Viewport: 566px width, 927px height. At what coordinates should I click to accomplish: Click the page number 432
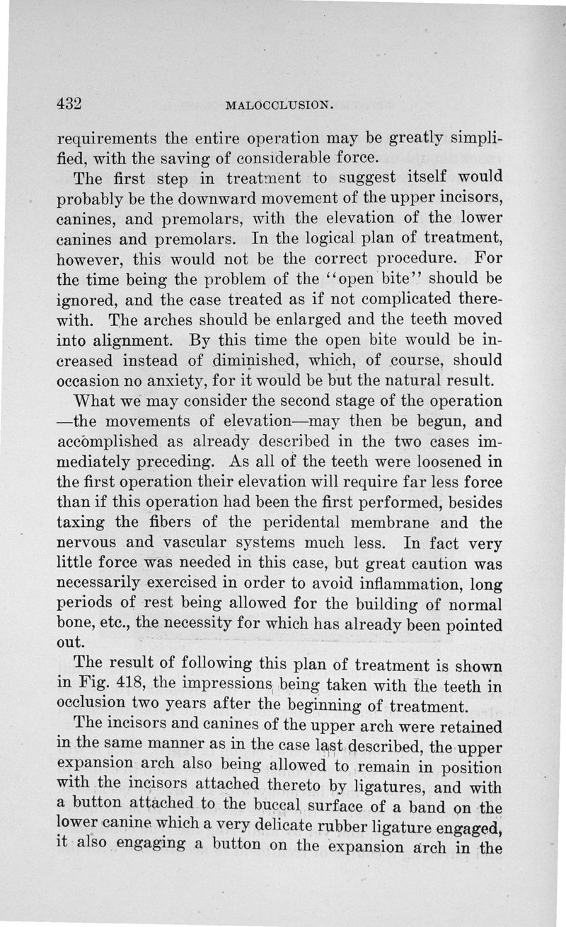pyautogui.click(x=71, y=104)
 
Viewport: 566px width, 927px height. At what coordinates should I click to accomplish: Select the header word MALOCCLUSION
pyautogui.click(x=277, y=106)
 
